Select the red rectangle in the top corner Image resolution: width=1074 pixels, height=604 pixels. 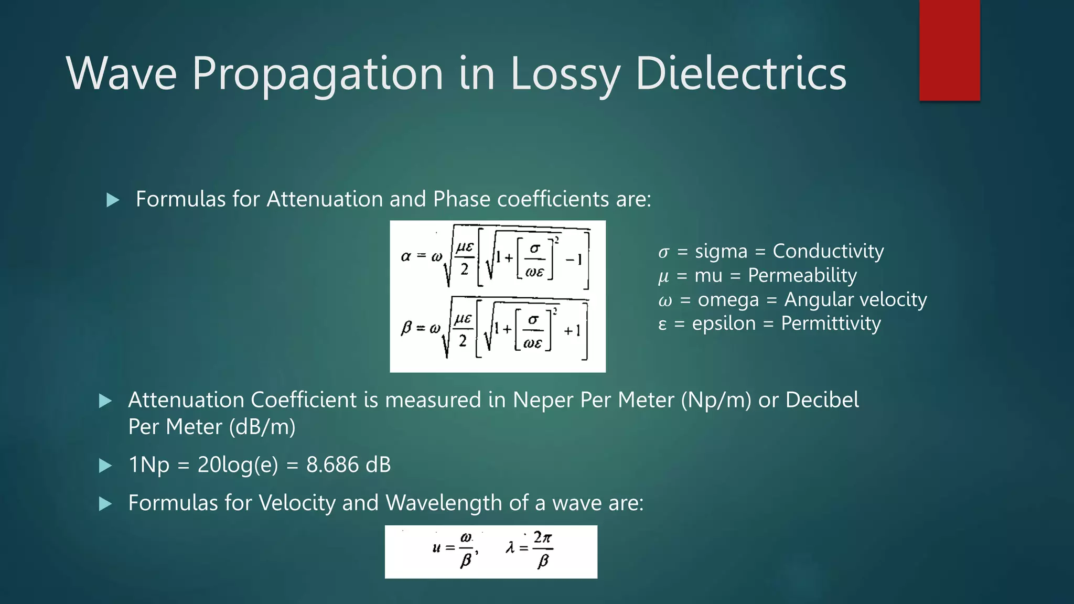(949, 50)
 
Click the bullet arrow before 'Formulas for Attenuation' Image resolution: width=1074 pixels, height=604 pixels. (113, 200)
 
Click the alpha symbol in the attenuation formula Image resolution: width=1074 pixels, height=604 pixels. (405, 256)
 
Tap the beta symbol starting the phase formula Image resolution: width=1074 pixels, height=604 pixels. (406, 329)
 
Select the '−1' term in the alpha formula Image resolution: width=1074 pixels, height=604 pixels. (574, 259)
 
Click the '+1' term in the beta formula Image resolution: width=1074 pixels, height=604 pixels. (572, 331)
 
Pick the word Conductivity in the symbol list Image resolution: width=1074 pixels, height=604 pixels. (828, 251)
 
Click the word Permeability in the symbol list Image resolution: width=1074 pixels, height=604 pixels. (802, 275)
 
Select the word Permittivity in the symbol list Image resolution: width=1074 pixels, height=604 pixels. (831, 323)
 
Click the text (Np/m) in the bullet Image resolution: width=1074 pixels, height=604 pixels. (716, 400)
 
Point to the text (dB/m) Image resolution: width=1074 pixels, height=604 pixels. (262, 427)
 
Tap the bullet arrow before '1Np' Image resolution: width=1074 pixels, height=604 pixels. (105, 466)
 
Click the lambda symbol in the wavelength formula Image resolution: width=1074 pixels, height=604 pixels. (510, 548)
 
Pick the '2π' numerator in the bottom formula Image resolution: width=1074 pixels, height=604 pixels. (543, 537)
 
